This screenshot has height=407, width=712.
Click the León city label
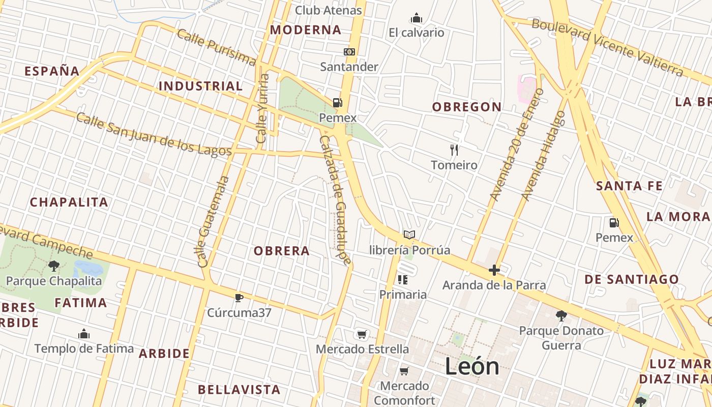tap(472, 366)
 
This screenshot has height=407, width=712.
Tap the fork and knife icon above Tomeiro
tap(454, 150)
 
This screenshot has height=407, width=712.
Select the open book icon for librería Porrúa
tap(409, 235)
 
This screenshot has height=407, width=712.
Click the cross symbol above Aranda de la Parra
tap(494, 270)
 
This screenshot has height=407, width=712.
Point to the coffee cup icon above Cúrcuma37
tap(239, 298)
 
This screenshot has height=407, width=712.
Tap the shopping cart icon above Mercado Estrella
tap(362, 334)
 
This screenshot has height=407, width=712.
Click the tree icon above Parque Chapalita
tap(53, 266)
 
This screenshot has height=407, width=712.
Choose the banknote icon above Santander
tap(349, 52)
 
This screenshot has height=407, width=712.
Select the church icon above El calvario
tap(417, 18)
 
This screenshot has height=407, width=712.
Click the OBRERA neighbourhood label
tap(282, 251)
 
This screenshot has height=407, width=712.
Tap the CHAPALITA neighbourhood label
tap(69, 202)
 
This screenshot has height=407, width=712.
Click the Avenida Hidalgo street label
tap(543, 155)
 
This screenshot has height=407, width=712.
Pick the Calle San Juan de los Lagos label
tap(154, 134)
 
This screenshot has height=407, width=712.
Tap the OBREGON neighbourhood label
tap(467, 107)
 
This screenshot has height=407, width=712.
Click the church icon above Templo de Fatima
tap(84, 334)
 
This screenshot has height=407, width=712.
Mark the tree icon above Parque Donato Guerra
tap(561, 316)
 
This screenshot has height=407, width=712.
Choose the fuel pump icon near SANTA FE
tap(614, 222)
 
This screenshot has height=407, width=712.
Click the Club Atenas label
tap(328, 10)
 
